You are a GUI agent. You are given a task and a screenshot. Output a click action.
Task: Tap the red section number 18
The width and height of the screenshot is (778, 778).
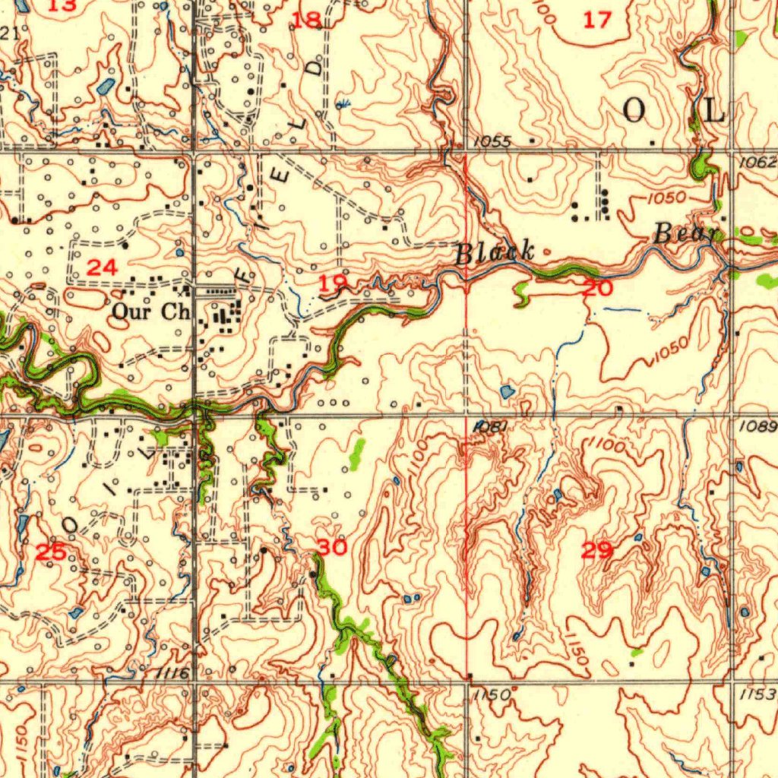click(x=307, y=21)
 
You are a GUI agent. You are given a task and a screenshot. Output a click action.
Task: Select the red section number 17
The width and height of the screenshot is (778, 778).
click(x=597, y=21)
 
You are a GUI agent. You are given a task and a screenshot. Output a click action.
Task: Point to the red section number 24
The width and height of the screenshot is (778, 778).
click(x=102, y=267)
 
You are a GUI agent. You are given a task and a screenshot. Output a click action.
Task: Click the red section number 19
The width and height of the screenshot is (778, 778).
click(x=332, y=284)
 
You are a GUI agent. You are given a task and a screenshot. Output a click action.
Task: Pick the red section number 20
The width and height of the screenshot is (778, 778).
click(x=597, y=287)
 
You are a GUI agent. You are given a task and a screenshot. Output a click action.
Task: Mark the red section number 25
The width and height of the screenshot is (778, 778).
click(x=52, y=552)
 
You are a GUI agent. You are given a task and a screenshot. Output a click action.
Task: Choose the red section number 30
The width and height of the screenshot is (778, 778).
click(x=332, y=547)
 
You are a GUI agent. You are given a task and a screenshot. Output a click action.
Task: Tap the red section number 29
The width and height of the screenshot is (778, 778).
click(x=597, y=551)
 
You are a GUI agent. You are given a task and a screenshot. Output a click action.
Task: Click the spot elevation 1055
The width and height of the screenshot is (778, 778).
click(x=493, y=141)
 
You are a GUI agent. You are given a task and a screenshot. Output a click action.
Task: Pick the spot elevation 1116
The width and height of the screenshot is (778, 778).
click(x=169, y=673)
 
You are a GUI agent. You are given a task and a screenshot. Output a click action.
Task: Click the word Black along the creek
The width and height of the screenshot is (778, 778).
click(x=495, y=252)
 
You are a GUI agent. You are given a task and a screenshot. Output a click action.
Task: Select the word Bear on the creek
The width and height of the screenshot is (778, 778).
click(x=685, y=235)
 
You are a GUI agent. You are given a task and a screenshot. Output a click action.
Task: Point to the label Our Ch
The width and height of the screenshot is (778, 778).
click(x=150, y=311)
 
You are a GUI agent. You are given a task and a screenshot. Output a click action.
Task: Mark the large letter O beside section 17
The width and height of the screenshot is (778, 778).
click(x=634, y=112)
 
